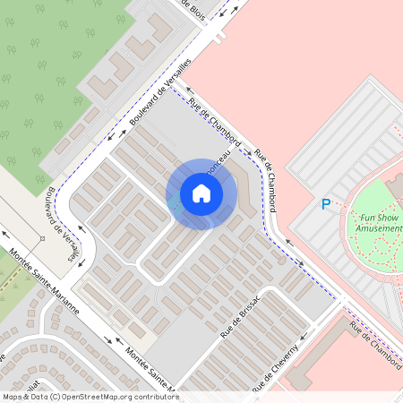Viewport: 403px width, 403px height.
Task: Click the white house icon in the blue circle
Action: pyautogui.click(x=201, y=193)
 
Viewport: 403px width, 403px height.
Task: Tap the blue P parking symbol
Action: pyautogui.click(x=326, y=204)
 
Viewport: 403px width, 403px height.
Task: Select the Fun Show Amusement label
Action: pyautogui.click(x=377, y=223)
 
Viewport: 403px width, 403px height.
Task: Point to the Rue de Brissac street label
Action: pyautogui.click(x=240, y=316)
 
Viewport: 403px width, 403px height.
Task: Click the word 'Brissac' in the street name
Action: pyautogui.click(x=248, y=307)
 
